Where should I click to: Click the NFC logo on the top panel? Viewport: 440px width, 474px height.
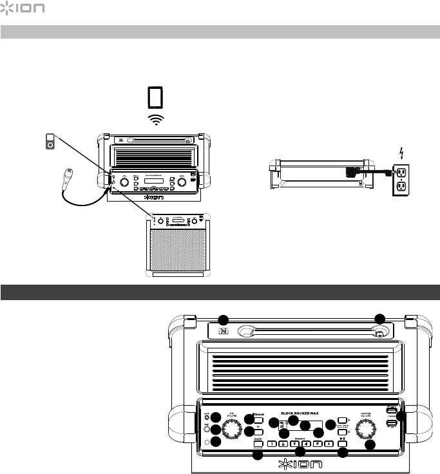point(223,332)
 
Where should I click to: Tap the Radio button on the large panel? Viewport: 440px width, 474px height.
point(258,444)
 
